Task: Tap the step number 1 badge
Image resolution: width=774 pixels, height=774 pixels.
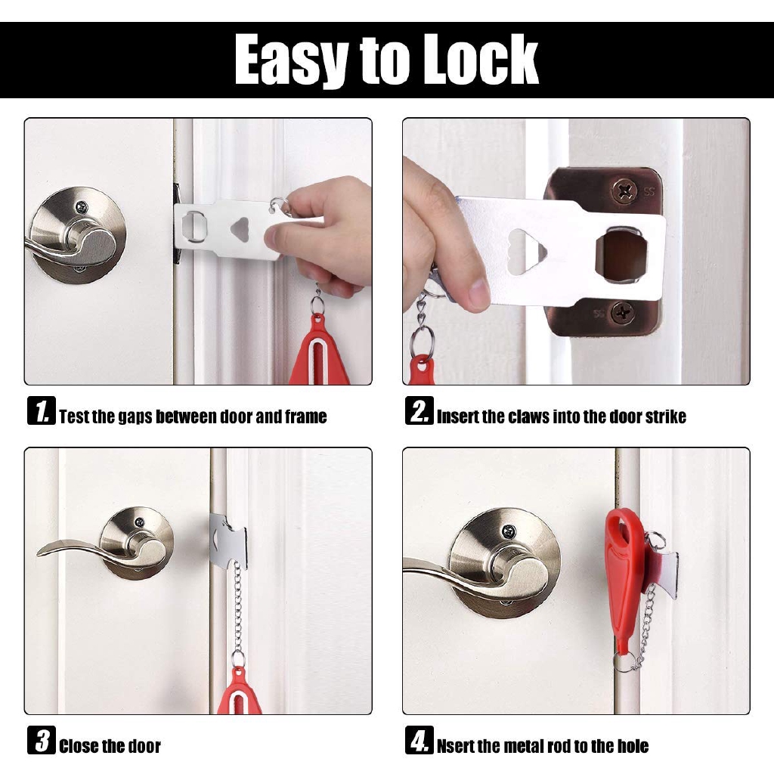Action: (x=41, y=412)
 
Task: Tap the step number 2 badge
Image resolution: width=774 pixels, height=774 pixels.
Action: (x=419, y=412)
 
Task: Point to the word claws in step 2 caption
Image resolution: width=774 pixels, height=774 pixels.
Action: (x=528, y=416)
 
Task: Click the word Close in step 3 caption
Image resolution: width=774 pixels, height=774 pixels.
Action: (x=78, y=747)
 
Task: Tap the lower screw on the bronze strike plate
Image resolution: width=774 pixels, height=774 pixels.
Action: (x=622, y=310)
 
